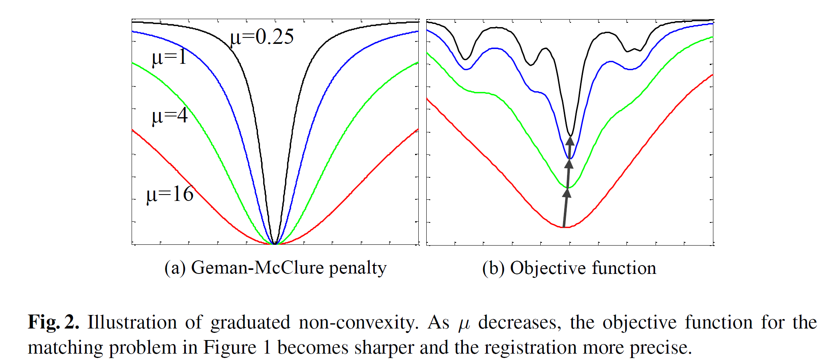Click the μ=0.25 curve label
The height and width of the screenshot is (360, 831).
[262, 37]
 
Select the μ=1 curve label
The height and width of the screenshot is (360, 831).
[169, 57]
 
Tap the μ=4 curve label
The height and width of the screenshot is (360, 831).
[169, 116]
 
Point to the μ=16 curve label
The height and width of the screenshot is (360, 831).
[170, 194]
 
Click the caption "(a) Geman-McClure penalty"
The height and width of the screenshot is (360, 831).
[275, 268]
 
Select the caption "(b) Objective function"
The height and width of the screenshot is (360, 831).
[569, 268]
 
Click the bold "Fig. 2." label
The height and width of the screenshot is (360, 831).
[53, 322]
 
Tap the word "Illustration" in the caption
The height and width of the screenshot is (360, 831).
[132, 322]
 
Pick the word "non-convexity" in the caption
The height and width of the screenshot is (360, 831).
[358, 322]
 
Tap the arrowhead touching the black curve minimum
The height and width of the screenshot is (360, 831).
[570, 141]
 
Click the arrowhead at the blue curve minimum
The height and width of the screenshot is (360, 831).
[569, 163]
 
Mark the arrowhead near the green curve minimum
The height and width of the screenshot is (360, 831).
[567, 193]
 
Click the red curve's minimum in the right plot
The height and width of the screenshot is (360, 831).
[563, 227]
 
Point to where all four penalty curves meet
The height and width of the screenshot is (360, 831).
[275, 243]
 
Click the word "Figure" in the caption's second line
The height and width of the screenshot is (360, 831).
[230, 348]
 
